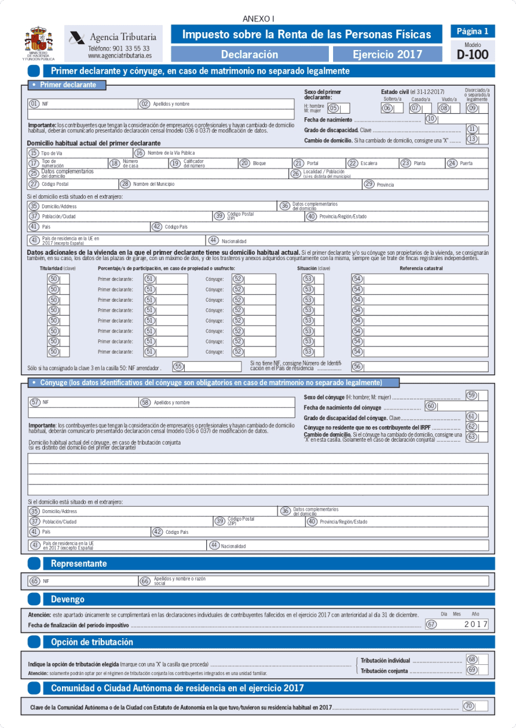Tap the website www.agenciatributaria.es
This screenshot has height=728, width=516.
click(x=119, y=56)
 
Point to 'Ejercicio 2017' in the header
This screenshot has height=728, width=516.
click(x=387, y=55)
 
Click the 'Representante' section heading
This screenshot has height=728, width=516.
click(x=79, y=563)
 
